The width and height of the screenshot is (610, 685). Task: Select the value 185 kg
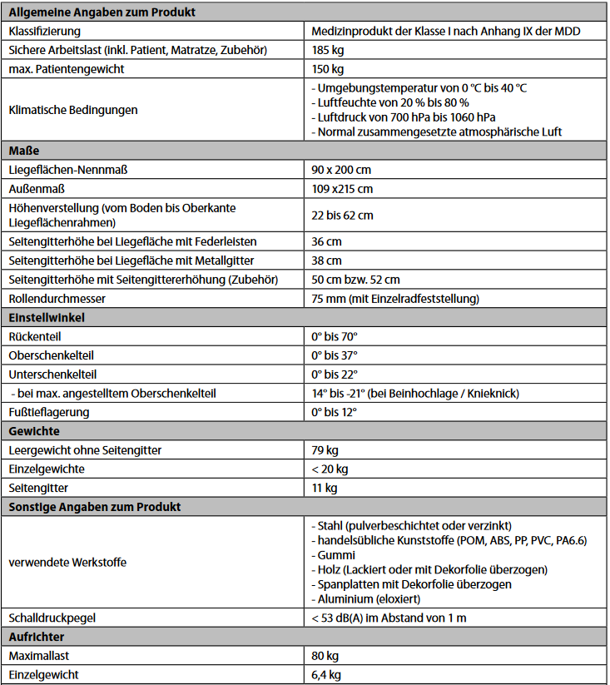tap(328, 51)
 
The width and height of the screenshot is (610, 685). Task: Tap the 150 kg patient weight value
tap(328, 69)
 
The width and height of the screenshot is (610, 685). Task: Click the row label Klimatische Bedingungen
tap(73, 110)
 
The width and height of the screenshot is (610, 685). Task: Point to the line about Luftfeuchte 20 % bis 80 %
tap(389, 102)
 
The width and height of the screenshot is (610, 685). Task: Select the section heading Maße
tap(24, 151)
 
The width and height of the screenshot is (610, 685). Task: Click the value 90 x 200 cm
tap(342, 170)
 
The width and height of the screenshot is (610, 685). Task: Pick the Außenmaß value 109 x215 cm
tap(342, 189)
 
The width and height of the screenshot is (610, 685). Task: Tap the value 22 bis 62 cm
tap(342, 215)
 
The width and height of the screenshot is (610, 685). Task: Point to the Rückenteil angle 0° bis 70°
tap(335, 336)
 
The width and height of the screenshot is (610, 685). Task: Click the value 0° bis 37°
tap(335, 355)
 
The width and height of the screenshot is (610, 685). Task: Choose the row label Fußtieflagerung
tap(49, 412)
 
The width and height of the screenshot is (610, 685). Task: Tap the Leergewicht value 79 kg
tap(325, 450)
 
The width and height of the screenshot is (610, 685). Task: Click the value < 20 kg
tap(330, 469)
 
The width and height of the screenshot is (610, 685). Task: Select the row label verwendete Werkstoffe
tap(67, 563)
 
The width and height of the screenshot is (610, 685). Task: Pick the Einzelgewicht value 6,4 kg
tap(326, 675)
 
